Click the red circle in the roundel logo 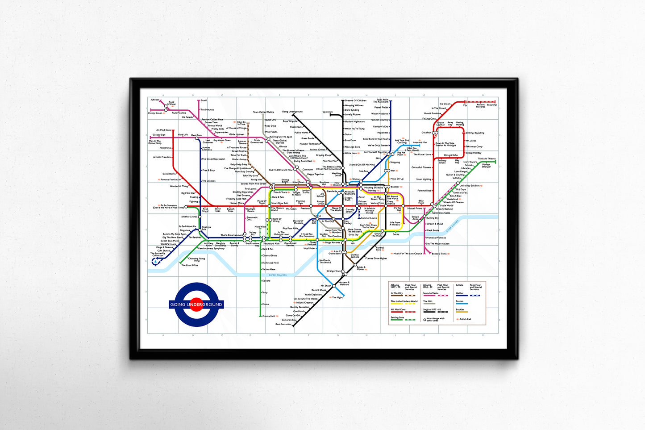click(x=196, y=304)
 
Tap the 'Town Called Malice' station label click(x=263, y=112)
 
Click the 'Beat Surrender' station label click(x=283, y=324)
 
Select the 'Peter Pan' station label click(x=492, y=105)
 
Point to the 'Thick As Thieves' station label click(x=487, y=159)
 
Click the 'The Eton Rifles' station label click(x=190, y=265)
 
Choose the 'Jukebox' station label click(x=155, y=100)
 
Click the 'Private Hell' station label click(x=269, y=316)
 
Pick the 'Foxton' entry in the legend click(x=460, y=301)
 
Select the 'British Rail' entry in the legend click(x=465, y=319)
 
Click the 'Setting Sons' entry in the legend click(x=397, y=317)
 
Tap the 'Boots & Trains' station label click(x=439, y=254)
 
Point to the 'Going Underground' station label click(x=292, y=112)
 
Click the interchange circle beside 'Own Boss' click(x=197, y=138)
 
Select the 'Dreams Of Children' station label click(x=356, y=100)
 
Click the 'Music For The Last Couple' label click(x=408, y=254)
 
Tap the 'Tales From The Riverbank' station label click(x=382, y=101)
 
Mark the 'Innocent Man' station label click(x=420, y=142)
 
